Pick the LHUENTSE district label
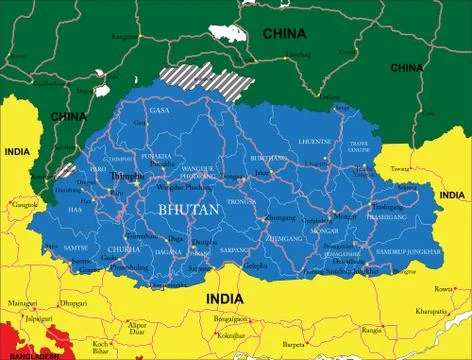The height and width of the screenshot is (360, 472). point(313,142)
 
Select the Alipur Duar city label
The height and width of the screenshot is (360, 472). point(137,328)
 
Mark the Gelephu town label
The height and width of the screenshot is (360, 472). point(256,268)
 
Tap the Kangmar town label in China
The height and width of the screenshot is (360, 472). point(125,37)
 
